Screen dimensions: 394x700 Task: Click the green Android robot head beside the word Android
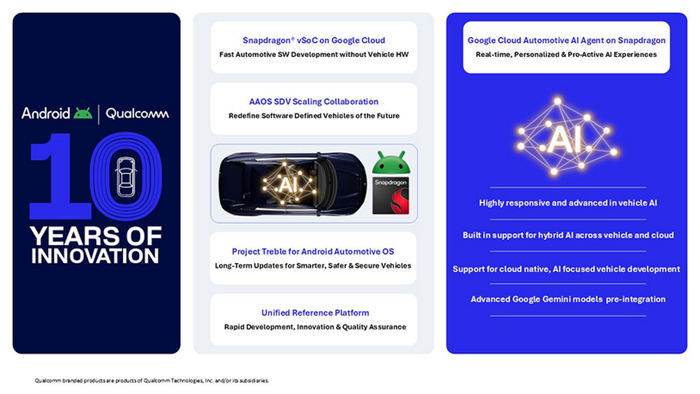pos(83,113)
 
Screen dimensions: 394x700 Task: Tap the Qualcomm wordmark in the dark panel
pos(137,114)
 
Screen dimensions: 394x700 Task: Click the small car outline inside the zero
pos(125,177)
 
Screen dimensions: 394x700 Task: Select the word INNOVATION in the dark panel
pos(95,256)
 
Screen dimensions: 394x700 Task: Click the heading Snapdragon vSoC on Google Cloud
pos(314,40)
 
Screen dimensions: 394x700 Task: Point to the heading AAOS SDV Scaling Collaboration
pos(314,101)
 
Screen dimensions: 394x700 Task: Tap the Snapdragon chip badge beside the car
pos(391,196)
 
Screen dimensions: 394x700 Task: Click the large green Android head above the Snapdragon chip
pos(391,163)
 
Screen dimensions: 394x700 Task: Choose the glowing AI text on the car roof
pos(288,185)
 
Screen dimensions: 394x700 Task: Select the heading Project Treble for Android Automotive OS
pos(313,251)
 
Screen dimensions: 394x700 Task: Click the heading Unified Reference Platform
pos(315,313)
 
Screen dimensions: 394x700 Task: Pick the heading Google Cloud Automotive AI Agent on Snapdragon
pos(566,40)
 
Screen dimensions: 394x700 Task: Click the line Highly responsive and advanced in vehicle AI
pos(568,203)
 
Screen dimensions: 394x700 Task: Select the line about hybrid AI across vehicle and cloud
pos(568,235)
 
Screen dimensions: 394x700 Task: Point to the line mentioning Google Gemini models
pos(568,299)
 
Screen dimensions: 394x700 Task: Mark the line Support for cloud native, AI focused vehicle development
pos(566,269)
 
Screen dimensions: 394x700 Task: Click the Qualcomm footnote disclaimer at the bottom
pos(152,381)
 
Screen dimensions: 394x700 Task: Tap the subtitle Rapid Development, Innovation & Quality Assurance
pos(315,327)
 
